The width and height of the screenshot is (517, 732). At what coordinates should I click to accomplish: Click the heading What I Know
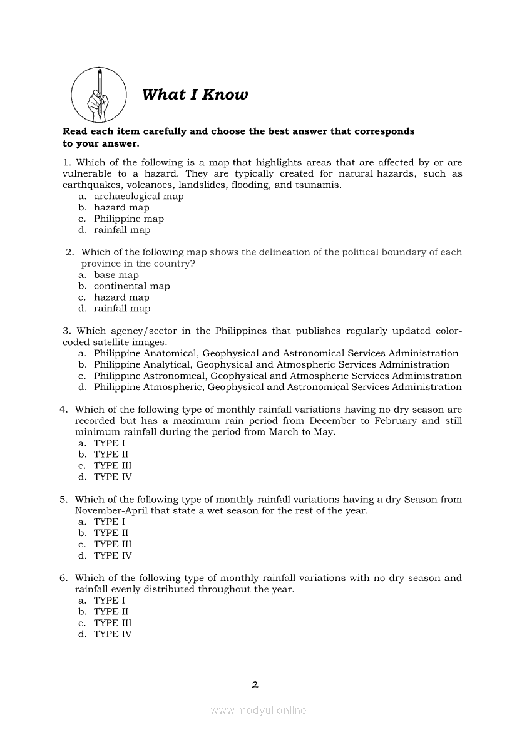[x=195, y=95]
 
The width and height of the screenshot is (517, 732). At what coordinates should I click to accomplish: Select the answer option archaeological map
[x=138, y=196]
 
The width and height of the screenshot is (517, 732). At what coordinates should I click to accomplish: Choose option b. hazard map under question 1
[x=121, y=207]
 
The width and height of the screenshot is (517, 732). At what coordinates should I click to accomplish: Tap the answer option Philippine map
[x=128, y=219]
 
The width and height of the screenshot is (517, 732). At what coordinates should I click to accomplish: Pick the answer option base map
[x=116, y=275]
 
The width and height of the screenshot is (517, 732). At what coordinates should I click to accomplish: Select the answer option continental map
[x=131, y=286]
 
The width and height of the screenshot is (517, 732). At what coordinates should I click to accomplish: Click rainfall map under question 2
[x=122, y=309]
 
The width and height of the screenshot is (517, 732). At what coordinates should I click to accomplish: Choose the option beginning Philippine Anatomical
[x=276, y=353]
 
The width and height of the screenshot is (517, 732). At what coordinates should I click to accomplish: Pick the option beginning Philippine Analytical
[x=271, y=364]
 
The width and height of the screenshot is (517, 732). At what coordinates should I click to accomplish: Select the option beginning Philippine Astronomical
[x=277, y=376]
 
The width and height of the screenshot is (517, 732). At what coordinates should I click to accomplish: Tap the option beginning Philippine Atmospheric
[x=277, y=387]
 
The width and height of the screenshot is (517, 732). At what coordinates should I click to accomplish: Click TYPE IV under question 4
[x=113, y=477]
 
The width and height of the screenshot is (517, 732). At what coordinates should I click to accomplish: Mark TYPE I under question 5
[x=110, y=522]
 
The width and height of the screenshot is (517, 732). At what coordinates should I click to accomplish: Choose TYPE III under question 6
[x=113, y=623]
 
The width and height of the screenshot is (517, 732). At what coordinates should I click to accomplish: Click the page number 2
[x=255, y=684]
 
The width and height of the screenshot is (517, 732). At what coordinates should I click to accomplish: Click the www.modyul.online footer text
[x=258, y=711]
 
